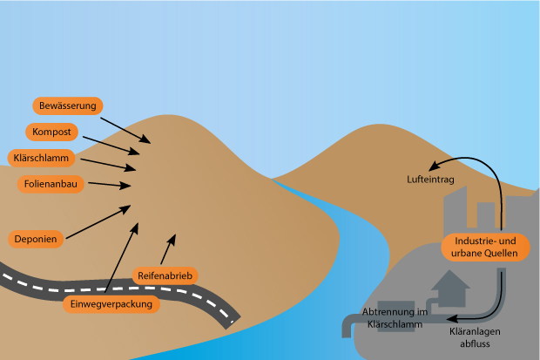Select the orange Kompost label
(x=52, y=132)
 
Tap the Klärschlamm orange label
(x=42, y=159)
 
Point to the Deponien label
(x=36, y=238)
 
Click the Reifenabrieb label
(x=165, y=275)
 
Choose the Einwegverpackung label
(x=112, y=304)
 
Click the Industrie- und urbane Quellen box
(x=486, y=247)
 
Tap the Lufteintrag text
(x=431, y=180)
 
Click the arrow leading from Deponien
(x=98, y=221)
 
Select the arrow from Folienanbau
(x=110, y=185)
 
